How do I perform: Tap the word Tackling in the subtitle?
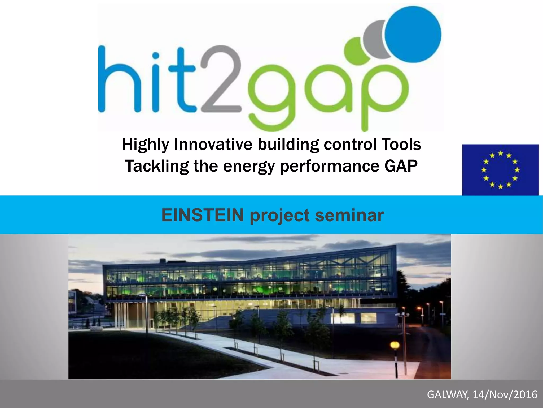click(156, 166)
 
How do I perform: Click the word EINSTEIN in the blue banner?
click(203, 215)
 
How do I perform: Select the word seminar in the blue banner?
click(349, 215)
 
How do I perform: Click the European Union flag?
click(500, 170)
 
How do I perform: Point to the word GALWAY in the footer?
click(448, 395)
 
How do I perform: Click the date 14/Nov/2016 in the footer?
click(505, 395)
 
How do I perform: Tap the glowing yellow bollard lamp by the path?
click(395, 345)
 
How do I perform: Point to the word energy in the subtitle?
click(249, 167)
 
